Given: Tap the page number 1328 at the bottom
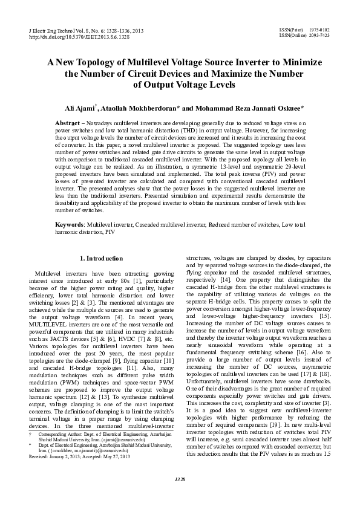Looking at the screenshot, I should [180, 495].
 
